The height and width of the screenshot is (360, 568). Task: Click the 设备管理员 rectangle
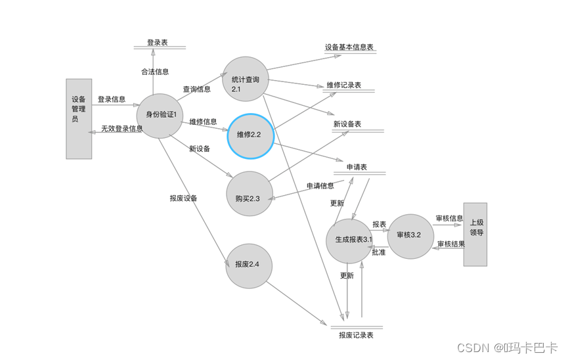coord(79,119)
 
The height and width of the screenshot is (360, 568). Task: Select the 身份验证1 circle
coord(160,115)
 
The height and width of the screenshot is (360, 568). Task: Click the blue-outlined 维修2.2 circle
coord(250,135)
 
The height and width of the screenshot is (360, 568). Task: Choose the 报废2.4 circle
coord(250,265)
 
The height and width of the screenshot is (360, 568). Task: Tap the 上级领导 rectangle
coord(475,234)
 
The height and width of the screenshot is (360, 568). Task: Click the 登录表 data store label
coord(158,42)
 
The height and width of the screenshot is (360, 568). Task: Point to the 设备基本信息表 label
coord(349,47)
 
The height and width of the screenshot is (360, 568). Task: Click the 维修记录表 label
coord(343,85)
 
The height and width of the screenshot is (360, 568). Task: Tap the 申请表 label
coord(356,167)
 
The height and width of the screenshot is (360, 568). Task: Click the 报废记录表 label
coord(356,335)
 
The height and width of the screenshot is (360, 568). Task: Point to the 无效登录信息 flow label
coord(121,129)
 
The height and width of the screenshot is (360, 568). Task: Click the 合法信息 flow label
coord(155,72)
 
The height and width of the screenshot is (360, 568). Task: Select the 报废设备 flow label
coord(183,198)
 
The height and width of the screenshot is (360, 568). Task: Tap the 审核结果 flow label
coord(451,244)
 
